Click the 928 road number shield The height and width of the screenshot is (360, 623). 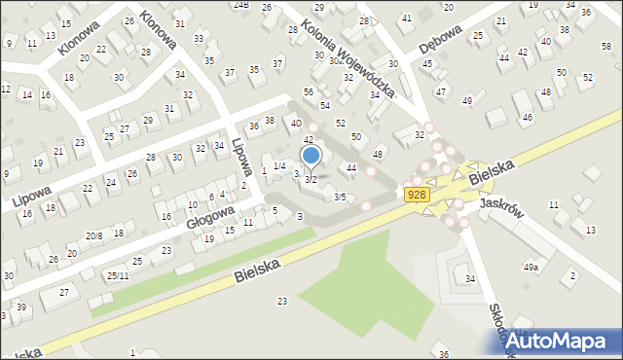[417, 195]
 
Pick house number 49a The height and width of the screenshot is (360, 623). [531, 267]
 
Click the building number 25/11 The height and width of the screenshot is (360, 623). [118, 276]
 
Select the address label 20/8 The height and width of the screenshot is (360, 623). [93, 236]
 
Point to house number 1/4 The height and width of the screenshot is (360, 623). [278, 166]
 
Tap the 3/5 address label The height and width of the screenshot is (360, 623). [339, 198]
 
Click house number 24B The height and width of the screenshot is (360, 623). [240, 5]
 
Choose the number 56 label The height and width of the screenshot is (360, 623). [309, 91]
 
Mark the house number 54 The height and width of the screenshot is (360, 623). [325, 105]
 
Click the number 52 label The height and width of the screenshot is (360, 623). [341, 123]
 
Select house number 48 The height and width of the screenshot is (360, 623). [378, 155]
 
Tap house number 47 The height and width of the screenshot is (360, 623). [441, 91]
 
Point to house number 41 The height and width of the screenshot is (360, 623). [406, 18]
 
